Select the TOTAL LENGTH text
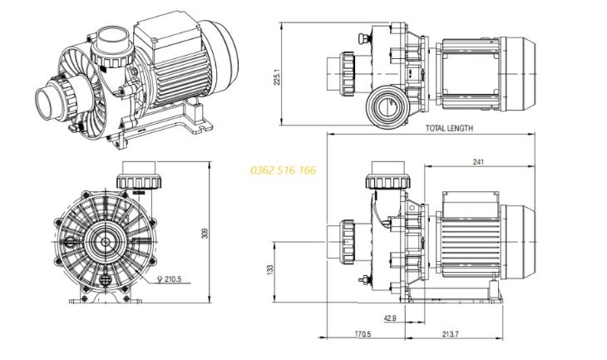point(449,129)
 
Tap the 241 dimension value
point(476,163)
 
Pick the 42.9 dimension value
point(390,318)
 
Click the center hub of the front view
point(103,242)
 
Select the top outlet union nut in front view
point(136,180)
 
